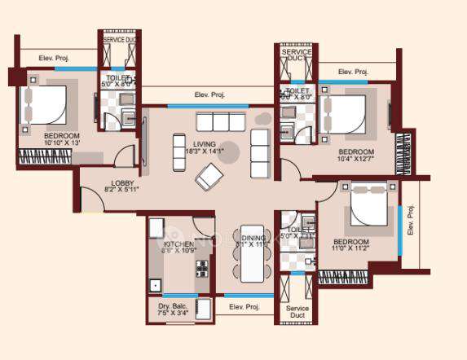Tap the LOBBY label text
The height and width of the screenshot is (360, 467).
click(124, 184)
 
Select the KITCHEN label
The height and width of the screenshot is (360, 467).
click(178, 243)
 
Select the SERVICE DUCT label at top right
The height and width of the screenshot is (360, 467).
click(296, 55)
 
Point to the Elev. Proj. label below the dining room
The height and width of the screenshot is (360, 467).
click(245, 306)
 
